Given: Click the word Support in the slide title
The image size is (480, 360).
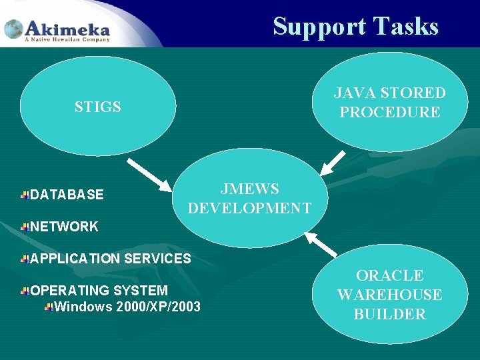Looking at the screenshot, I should coord(319,27).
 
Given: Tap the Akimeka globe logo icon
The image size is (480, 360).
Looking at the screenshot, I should coord(14,29).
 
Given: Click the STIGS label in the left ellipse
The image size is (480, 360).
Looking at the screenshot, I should coord(97,107).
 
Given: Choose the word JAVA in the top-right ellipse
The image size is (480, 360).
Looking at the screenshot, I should coord(353,93).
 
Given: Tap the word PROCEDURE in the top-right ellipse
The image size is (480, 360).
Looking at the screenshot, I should coord(390,112).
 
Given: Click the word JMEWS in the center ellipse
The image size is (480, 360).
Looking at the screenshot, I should coord(249,189).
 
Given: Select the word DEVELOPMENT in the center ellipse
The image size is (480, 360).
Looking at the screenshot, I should coord(249,209).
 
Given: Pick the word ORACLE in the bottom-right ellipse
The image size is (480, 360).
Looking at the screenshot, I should coord(390,275).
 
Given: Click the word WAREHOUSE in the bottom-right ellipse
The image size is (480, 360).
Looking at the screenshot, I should coord(390,295).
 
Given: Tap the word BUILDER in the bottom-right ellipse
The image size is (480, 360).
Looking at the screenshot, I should coord(390,314).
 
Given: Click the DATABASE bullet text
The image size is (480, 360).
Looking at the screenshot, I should coord(67,195).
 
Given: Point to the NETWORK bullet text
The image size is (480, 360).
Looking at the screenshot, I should coord(64,227).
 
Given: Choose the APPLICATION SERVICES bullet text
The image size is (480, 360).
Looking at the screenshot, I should coord(111,258).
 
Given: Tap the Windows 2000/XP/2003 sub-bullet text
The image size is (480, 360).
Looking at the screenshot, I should coord(127,307).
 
